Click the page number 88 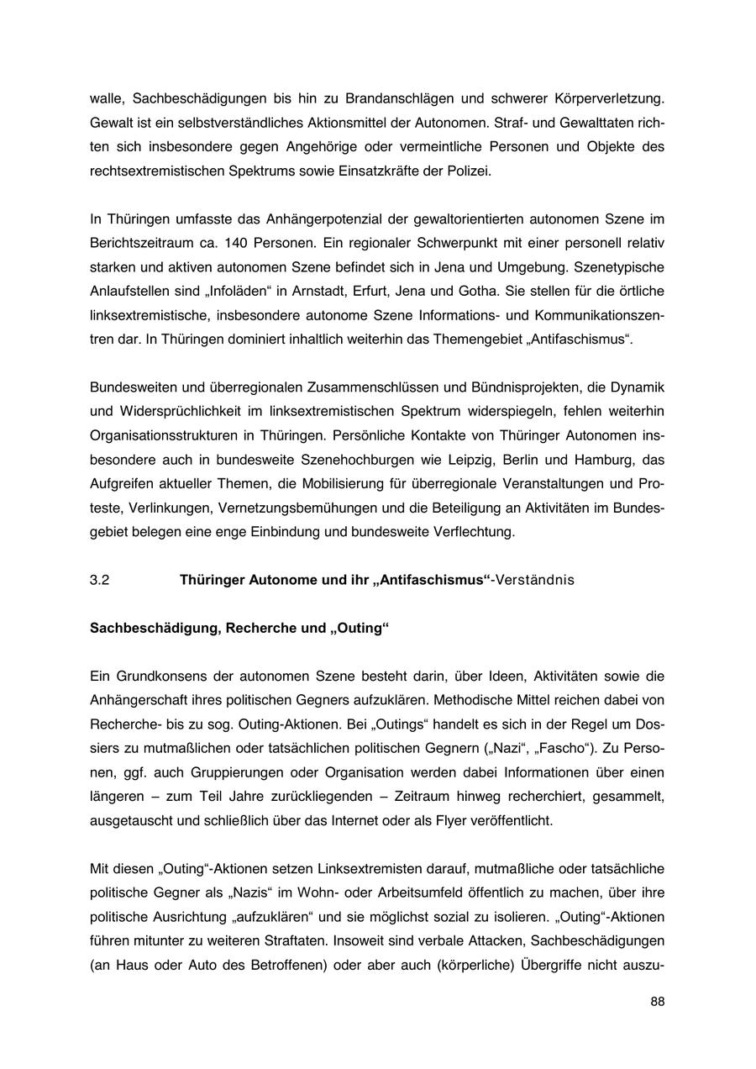coord(657,1001)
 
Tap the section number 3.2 coord(99,580)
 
